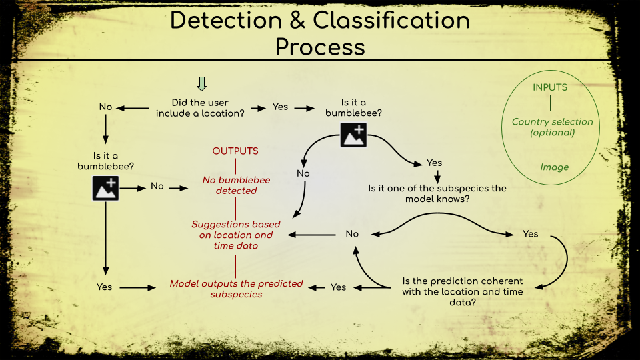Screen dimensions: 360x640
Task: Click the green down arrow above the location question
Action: tap(202, 83)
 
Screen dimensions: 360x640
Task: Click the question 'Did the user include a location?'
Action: tap(200, 108)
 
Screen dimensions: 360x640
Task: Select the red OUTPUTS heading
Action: tap(235, 151)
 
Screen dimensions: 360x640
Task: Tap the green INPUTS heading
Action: tap(550, 87)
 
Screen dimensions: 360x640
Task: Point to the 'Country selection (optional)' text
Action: tap(552, 127)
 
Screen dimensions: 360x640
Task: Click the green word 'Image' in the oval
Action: tap(554, 167)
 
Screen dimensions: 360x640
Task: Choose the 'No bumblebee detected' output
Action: tap(236, 185)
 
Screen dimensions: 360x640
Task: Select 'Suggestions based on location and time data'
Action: tap(236, 235)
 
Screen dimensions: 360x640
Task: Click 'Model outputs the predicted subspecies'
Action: tap(236, 289)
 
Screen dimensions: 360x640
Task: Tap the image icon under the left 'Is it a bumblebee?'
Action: tap(105, 187)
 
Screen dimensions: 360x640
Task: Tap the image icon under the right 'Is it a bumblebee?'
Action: tap(353, 134)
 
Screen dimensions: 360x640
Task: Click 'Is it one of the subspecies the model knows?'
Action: tap(437, 193)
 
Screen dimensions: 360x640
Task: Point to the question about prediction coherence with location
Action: tap(463, 291)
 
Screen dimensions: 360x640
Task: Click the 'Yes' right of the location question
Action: tap(280, 107)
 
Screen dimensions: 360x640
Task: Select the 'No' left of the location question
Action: tap(105, 107)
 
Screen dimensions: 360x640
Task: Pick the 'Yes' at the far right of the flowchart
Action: tap(531, 234)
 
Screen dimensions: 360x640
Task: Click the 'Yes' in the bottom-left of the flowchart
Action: tap(104, 287)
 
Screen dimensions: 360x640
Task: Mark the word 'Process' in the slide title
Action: tap(320, 47)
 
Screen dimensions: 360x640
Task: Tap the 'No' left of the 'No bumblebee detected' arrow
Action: tap(157, 187)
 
